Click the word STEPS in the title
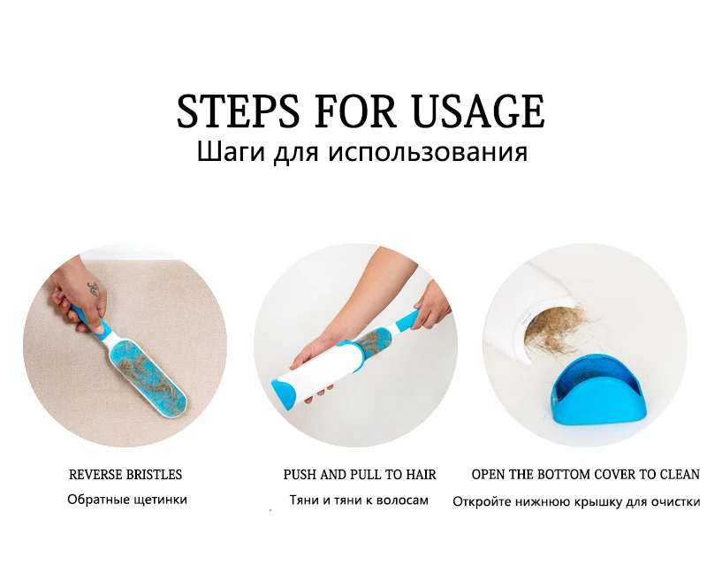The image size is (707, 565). coord(238,111)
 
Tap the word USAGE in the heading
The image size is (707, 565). coord(478,111)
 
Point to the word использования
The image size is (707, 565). coord(428,153)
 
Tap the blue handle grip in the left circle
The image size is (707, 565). coord(89,318)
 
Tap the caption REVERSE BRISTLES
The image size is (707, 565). coord(125,475)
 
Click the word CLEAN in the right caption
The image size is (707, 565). coord(680,475)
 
